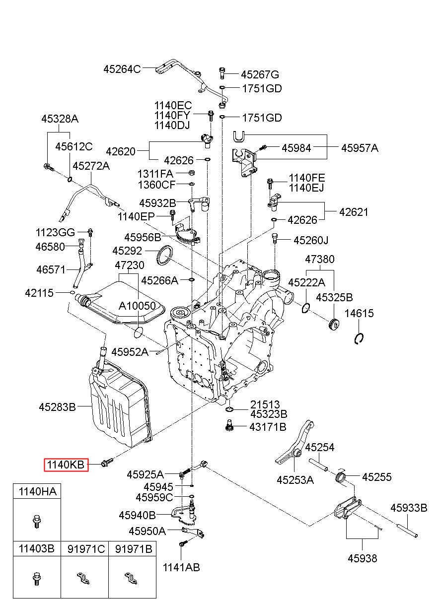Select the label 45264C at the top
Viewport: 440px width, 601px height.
[x=122, y=69]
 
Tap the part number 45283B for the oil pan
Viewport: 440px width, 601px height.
[x=58, y=407]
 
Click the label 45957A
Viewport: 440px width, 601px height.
[x=359, y=147]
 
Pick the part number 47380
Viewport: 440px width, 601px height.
[x=319, y=259]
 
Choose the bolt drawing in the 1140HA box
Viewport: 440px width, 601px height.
[x=36, y=521]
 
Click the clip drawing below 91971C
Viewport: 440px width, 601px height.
[x=83, y=578]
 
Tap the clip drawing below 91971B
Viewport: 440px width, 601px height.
[x=131, y=578]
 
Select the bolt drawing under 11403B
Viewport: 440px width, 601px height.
[x=36, y=578]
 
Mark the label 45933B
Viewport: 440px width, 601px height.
[x=408, y=508]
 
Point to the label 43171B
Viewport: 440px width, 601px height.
[x=268, y=426]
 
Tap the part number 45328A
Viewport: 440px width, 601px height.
[x=60, y=119]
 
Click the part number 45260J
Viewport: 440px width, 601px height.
[x=311, y=240]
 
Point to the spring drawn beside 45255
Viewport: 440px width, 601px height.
[x=341, y=477]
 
